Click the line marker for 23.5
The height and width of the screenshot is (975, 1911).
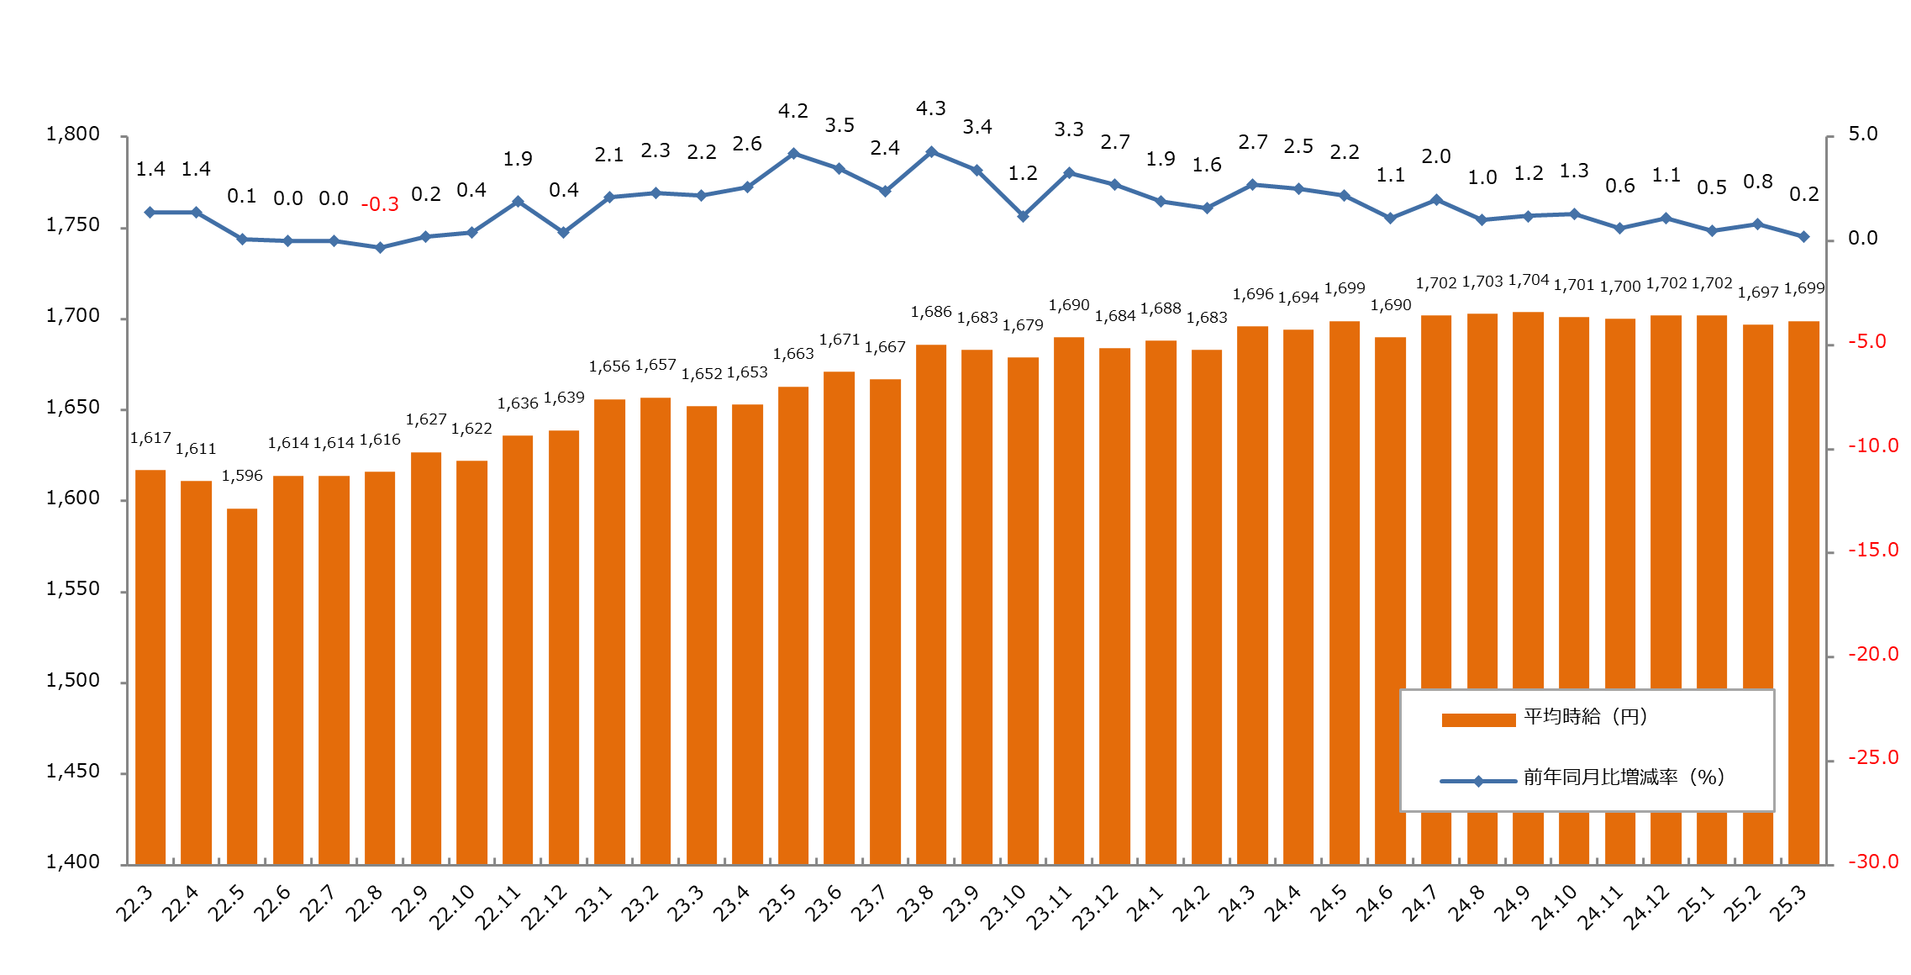[793, 154]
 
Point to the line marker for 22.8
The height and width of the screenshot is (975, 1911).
[380, 248]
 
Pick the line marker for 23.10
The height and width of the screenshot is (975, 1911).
[1023, 216]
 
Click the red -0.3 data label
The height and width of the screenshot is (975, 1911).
[380, 204]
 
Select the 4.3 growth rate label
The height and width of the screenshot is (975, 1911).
[930, 108]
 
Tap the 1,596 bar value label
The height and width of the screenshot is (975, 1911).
[242, 476]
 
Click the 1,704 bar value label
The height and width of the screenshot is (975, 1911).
[1528, 280]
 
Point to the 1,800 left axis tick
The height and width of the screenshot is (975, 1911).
[73, 134]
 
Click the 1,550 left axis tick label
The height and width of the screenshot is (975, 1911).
[73, 589]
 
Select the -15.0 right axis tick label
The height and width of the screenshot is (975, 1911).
[1872, 551]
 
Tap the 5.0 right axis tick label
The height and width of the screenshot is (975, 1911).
[1862, 134]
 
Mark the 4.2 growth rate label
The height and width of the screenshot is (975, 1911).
[792, 111]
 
